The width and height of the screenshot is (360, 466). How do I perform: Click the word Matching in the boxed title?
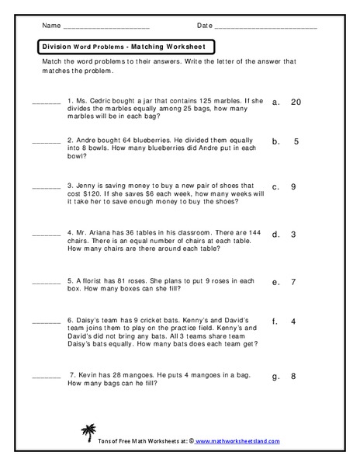click(x=147, y=47)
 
